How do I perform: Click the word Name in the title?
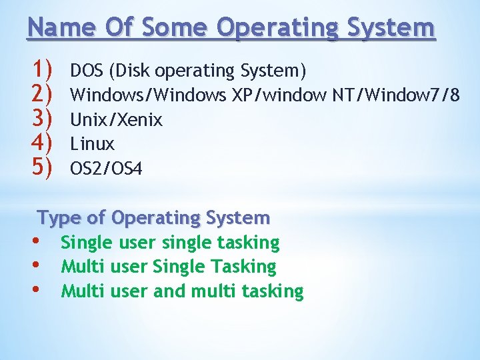point(55,28)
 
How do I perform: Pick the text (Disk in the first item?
point(126,71)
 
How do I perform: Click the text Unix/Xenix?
point(117,120)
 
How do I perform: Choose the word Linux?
point(93,144)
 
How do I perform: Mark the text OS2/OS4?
point(107,169)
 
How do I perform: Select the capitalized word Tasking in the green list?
point(243,267)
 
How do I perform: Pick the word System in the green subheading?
point(238,218)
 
